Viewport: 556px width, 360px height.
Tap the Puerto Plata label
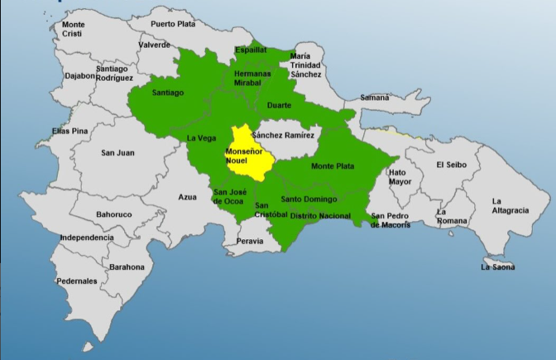coord(173,24)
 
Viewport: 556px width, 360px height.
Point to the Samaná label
coord(374,98)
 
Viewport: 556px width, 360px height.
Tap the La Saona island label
coord(497,266)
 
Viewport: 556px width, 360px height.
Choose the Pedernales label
coord(77,281)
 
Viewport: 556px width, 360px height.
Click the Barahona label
coord(127,267)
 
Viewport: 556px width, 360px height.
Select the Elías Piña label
coord(69,132)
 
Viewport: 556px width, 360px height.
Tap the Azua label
coord(188,197)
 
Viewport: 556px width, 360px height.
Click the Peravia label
coord(250,241)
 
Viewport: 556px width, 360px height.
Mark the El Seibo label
coord(451,164)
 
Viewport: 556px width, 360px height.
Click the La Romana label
coord(452,217)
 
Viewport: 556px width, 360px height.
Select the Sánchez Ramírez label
coord(284,134)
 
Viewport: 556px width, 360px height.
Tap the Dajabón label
coord(80,75)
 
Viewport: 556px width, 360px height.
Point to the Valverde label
coord(155,45)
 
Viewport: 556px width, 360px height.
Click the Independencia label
coord(86,238)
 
